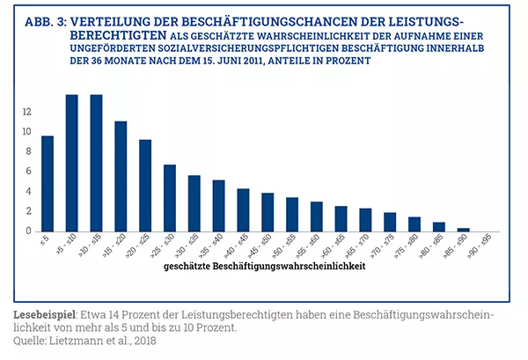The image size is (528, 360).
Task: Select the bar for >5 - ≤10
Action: click(72, 163)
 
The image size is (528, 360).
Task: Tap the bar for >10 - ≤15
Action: click(96, 163)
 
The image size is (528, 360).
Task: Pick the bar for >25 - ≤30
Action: click(170, 198)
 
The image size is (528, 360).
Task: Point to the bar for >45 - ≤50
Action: click(268, 212)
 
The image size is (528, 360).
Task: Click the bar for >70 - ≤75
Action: click(390, 222)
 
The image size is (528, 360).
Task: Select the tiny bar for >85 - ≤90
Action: click(463, 229)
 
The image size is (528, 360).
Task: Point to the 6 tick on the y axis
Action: click(29, 172)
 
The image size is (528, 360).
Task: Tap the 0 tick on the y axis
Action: click(29, 231)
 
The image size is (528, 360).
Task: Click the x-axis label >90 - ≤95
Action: click(488, 246)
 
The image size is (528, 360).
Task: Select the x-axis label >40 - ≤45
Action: click(243, 246)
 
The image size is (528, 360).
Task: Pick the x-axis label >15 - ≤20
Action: click(121, 246)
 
